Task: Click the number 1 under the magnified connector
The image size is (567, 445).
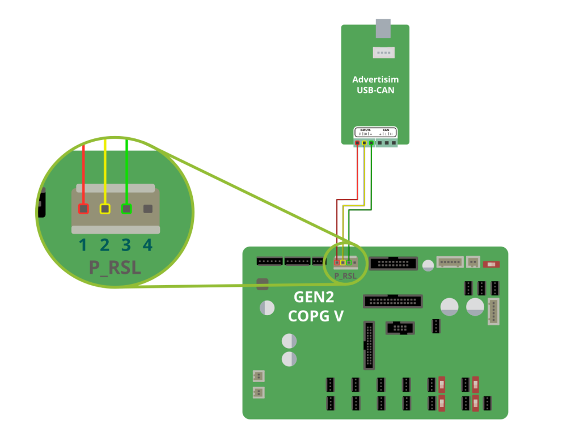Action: pos(83,245)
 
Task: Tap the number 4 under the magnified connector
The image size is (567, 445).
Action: pos(147,245)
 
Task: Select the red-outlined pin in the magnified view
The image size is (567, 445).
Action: pos(83,209)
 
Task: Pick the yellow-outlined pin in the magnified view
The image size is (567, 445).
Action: pos(105,209)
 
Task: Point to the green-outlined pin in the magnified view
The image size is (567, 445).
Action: pos(126,209)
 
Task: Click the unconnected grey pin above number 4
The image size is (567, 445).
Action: pos(148,209)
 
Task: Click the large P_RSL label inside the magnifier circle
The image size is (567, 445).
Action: pos(115,267)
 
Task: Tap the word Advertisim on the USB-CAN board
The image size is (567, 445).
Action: pos(375,79)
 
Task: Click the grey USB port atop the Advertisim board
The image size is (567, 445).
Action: pos(383,28)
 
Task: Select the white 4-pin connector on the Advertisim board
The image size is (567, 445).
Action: pos(383,53)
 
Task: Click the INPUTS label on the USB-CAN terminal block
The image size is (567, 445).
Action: pos(365,130)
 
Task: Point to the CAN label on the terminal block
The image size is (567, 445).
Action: pos(386,130)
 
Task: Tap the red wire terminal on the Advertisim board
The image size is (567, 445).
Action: pos(357,143)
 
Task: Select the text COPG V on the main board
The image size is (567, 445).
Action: pos(315,316)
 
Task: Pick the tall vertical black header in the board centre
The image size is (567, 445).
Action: pos(369,345)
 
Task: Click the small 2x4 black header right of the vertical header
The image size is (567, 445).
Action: pos(400,328)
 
